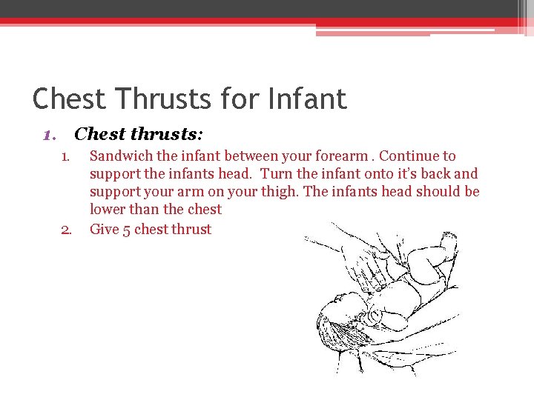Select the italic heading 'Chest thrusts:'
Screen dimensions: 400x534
(139, 134)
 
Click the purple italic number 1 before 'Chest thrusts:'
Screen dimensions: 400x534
(48, 135)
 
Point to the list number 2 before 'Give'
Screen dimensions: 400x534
(66, 230)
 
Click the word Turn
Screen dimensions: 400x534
(277, 174)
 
